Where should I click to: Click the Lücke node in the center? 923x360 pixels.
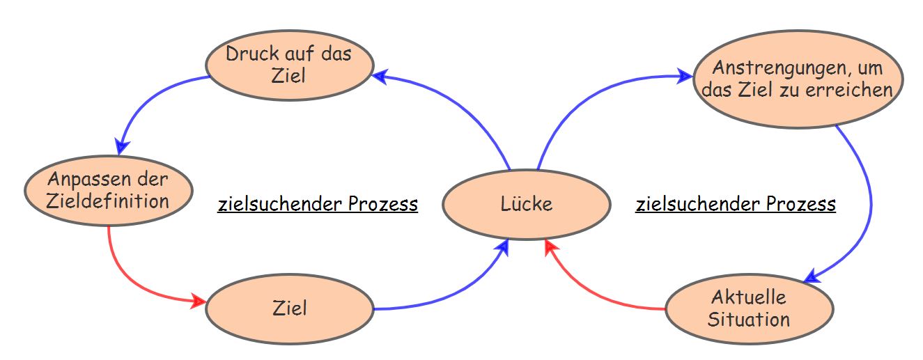(x=527, y=204)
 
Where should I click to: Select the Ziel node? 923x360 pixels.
(x=290, y=307)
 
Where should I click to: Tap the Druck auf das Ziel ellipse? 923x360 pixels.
(x=290, y=64)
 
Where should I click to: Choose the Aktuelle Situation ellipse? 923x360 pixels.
(x=749, y=308)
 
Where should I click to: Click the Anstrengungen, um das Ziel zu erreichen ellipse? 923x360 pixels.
(x=798, y=79)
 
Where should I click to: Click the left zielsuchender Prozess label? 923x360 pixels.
(x=318, y=204)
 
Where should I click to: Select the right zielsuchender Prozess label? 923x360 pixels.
(x=736, y=204)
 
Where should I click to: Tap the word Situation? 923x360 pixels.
(x=749, y=319)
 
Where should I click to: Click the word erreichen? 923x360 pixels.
(x=856, y=90)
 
